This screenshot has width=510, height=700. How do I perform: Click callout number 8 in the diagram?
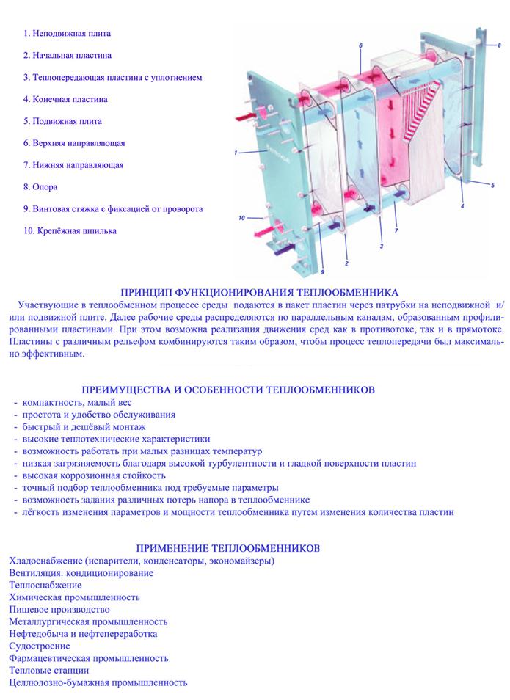click(499, 45)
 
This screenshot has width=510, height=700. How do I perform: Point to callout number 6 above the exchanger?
click(361, 45)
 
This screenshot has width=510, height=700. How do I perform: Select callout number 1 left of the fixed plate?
click(235, 153)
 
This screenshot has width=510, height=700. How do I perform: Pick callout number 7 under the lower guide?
click(396, 233)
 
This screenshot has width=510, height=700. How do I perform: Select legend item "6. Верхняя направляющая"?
click(78, 142)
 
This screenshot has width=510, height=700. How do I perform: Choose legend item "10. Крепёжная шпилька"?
click(70, 230)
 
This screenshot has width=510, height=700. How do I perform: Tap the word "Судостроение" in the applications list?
click(40, 646)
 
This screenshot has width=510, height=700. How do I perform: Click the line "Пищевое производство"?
click(59, 609)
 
